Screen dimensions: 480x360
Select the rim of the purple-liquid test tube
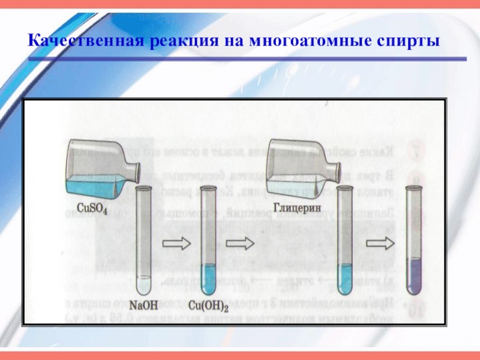pyautogui.click(x=414, y=187)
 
